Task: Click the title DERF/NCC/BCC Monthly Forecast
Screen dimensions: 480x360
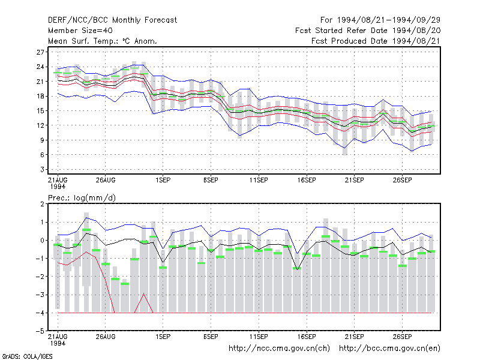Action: click(112, 20)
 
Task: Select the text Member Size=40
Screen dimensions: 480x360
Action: click(80, 31)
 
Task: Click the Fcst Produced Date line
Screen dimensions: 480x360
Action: click(376, 41)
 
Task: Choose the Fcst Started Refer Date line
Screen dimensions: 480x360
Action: click(368, 31)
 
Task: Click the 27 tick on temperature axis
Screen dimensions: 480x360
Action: click(40, 52)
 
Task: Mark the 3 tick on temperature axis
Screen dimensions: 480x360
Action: click(42, 169)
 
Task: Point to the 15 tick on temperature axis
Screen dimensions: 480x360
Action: click(40, 111)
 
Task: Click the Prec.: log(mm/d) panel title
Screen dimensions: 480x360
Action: click(82, 198)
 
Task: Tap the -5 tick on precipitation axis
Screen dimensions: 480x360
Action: click(40, 331)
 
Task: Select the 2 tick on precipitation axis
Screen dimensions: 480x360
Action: click(42, 204)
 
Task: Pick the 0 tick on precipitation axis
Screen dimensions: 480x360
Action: click(42, 241)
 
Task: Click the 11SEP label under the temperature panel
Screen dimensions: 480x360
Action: click(259, 181)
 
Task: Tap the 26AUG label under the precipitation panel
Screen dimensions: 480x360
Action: click(106, 337)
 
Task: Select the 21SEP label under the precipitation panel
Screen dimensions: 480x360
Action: click(354, 337)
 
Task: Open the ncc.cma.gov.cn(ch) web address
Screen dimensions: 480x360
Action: click(279, 349)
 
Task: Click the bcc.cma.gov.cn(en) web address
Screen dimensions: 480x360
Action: click(389, 349)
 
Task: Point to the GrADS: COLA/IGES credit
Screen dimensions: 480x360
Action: click(27, 356)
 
